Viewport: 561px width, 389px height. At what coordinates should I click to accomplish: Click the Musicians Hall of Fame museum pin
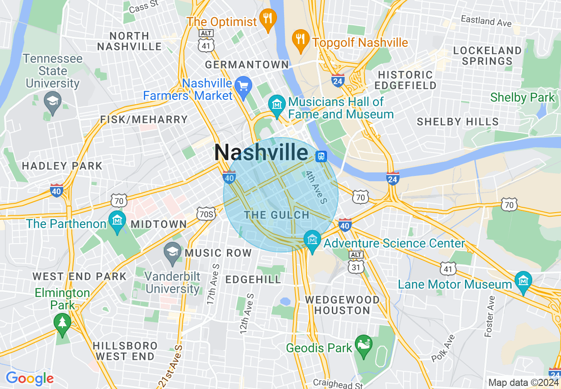pos(277,105)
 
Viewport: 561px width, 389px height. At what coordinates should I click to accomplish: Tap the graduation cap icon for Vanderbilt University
pos(173,251)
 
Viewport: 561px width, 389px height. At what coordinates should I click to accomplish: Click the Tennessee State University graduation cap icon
pos(53,101)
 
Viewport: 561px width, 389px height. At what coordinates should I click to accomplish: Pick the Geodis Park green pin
pos(364,344)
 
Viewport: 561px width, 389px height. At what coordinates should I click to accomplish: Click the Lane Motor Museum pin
pos(523,281)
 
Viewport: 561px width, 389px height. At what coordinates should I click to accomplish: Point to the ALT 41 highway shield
pos(207,40)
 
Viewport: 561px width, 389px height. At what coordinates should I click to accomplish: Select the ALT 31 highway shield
pos(356,263)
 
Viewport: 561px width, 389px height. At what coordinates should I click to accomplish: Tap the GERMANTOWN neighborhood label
pos(247,65)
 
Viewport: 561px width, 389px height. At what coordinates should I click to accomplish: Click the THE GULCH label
pos(277,215)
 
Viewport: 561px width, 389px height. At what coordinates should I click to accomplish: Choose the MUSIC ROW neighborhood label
pos(218,253)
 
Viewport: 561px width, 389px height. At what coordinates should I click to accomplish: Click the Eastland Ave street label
pos(486,20)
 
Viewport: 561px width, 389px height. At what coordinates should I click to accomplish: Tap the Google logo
pos(29,378)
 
